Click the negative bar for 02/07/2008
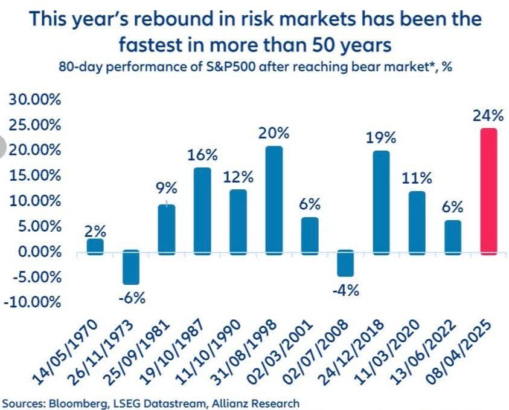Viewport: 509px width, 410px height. click(345, 263)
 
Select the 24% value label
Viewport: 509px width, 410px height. click(488, 115)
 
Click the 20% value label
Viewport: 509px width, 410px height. click(274, 132)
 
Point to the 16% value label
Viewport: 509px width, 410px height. click(202, 154)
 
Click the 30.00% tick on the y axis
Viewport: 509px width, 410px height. click(35, 100)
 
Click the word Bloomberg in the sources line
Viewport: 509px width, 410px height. click(69, 402)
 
